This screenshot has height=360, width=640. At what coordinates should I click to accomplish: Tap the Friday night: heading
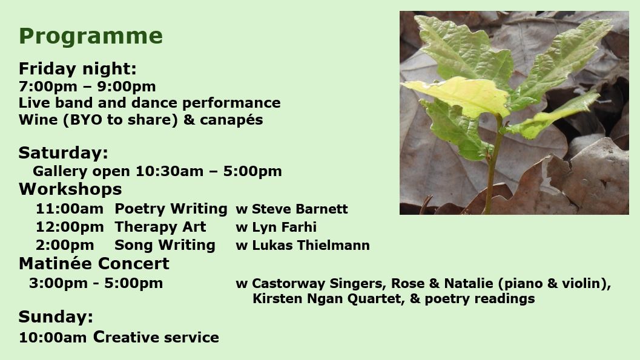tap(78, 69)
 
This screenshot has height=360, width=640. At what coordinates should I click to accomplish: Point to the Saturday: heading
tap(63, 153)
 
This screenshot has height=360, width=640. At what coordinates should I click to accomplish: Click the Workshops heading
tap(70, 189)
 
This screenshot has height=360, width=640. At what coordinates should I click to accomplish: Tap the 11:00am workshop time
tap(70, 209)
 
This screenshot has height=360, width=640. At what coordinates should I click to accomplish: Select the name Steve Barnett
tap(300, 209)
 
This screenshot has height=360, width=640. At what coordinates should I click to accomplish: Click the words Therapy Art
tap(160, 227)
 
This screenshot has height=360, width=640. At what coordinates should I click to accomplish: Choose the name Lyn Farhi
tap(284, 227)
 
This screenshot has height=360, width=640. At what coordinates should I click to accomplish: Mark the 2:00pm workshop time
tap(65, 245)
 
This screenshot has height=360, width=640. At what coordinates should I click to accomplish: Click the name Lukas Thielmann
tap(311, 246)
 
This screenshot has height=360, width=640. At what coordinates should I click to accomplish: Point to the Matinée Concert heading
tap(94, 264)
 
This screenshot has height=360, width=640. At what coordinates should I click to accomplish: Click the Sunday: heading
tap(56, 317)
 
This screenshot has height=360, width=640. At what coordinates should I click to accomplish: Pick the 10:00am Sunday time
tap(53, 338)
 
